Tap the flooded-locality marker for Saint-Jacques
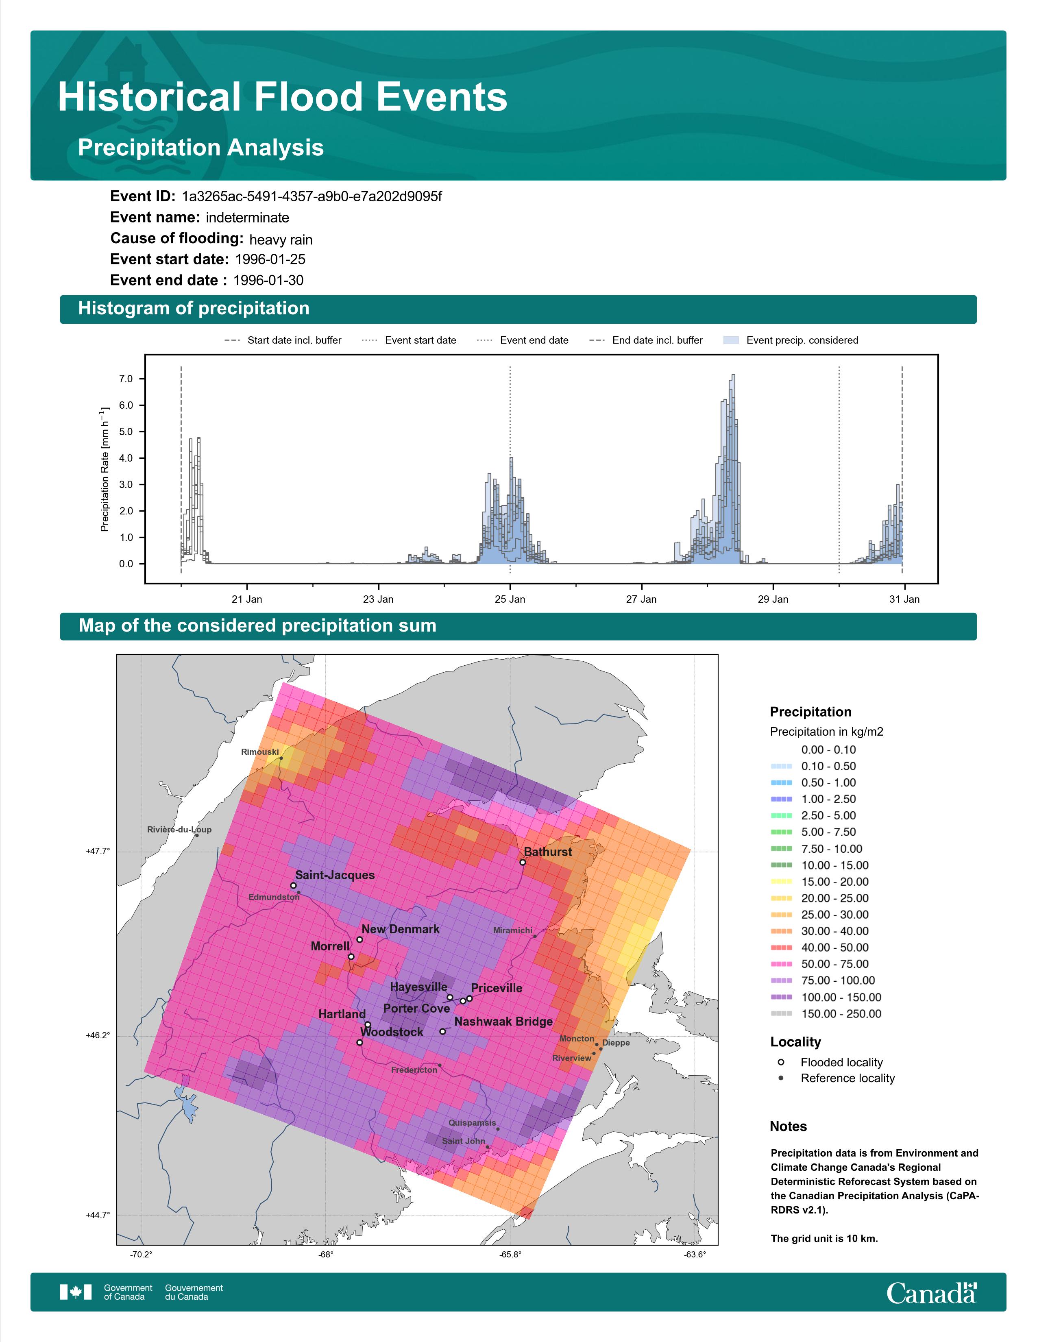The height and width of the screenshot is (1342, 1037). [x=293, y=885]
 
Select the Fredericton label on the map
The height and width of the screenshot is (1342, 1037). [x=414, y=1070]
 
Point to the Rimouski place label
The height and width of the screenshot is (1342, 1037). [x=260, y=752]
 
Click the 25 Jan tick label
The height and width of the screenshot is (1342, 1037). [x=510, y=599]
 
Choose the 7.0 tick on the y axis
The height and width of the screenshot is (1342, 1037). [x=126, y=379]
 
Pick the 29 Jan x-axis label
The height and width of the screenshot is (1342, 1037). [x=773, y=599]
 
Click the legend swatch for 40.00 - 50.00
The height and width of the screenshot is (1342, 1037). [x=782, y=948]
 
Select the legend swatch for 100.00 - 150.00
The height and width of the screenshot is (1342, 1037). [x=782, y=997]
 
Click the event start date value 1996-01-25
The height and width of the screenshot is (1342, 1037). [x=270, y=259]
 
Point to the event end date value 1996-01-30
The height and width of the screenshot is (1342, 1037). [x=268, y=280]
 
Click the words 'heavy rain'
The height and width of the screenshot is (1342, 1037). [x=281, y=240]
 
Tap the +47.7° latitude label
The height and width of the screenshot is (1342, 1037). [x=98, y=851]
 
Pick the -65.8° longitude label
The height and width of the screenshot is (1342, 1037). [x=510, y=1254]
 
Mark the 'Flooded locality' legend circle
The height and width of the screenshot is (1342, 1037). [x=781, y=1062]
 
